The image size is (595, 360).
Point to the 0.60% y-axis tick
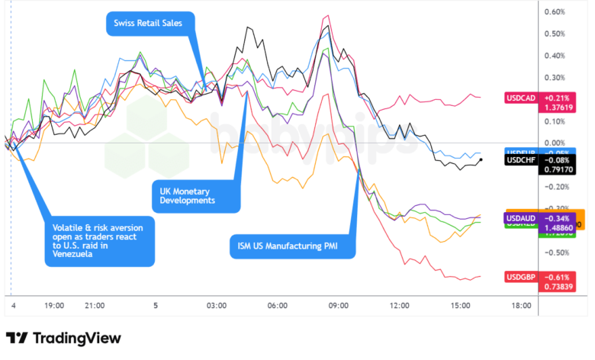click(554, 11)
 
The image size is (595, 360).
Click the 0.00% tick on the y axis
click(554, 143)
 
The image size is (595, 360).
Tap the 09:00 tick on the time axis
click(338, 305)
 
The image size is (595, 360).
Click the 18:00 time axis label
click(521, 305)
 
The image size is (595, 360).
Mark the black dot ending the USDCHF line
click(481, 159)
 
